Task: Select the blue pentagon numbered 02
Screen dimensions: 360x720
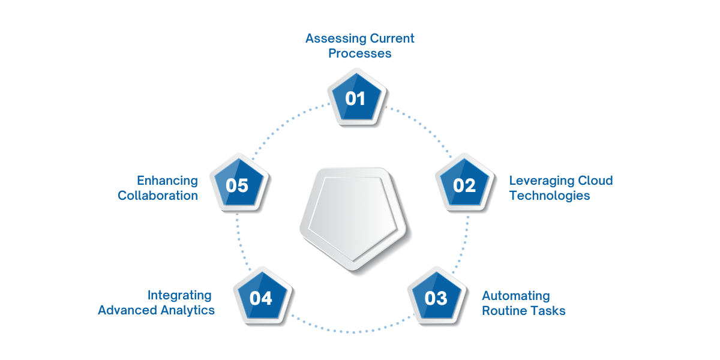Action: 464,185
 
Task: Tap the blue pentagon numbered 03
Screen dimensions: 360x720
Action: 436,297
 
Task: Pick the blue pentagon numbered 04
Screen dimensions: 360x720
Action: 261,297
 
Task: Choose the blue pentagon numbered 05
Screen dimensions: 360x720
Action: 237,185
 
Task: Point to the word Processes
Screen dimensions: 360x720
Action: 360,53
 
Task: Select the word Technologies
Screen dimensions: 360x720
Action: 550,196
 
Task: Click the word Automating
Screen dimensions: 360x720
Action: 516,296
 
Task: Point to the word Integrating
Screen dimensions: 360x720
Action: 179,296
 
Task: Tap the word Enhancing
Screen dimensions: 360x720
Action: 167,181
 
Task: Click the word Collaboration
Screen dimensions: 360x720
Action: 158,196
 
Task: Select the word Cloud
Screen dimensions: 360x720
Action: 595,181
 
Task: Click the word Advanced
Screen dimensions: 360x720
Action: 128,310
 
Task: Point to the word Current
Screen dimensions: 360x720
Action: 392,39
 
